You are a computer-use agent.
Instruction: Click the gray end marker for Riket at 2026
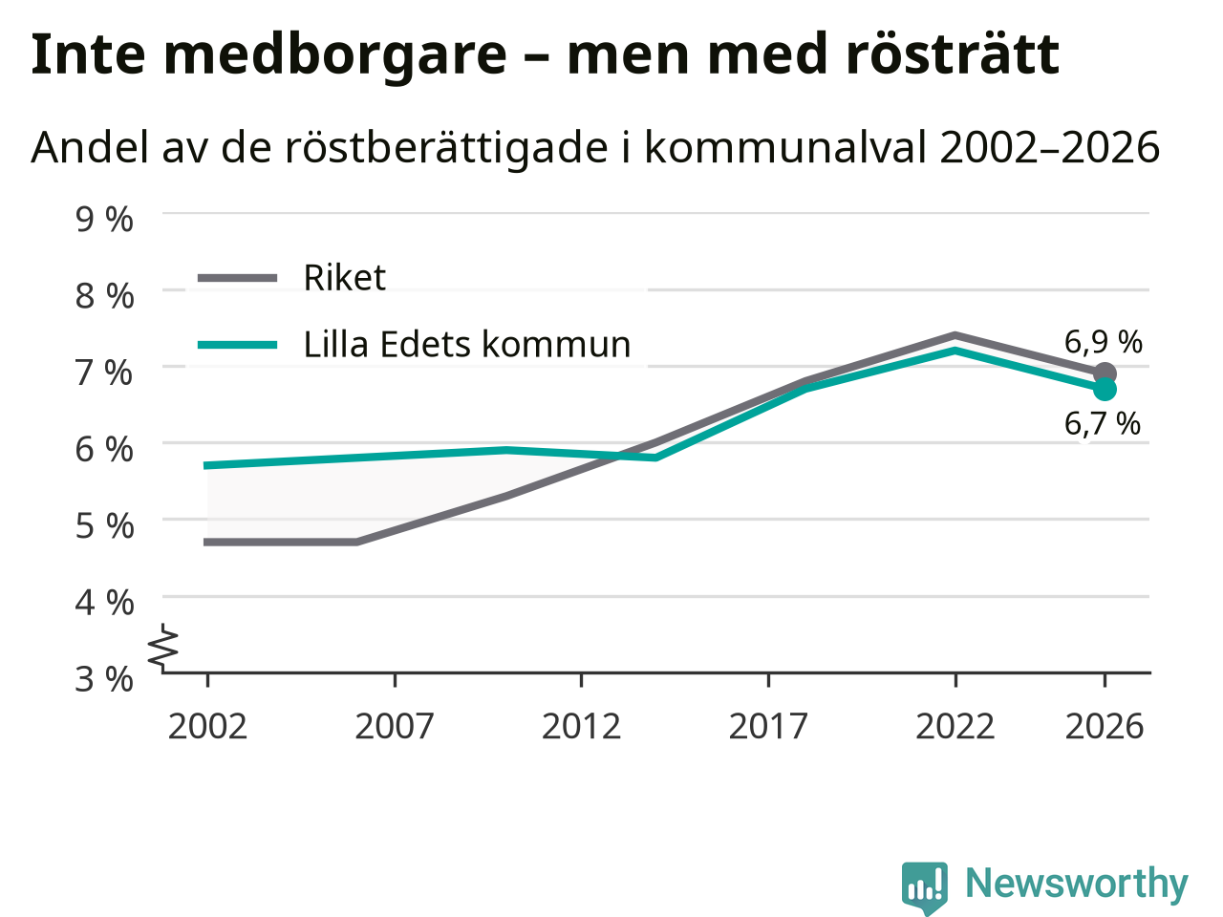pyautogui.click(x=1105, y=373)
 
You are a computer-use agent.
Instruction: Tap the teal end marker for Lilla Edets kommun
pyautogui.click(x=1105, y=390)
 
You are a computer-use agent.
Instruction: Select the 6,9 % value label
pyautogui.click(x=1103, y=342)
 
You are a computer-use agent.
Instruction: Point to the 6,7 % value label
pyautogui.click(x=1102, y=424)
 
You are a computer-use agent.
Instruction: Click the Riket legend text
pyautogui.click(x=344, y=277)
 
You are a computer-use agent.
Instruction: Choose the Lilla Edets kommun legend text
pyautogui.click(x=467, y=345)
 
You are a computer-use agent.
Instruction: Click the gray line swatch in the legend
pyautogui.click(x=237, y=277)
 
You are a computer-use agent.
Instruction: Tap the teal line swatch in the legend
pyautogui.click(x=237, y=345)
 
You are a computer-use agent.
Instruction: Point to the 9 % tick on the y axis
pyautogui.click(x=104, y=220)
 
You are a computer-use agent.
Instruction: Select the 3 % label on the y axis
pyautogui.click(x=104, y=680)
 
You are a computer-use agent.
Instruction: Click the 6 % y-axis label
pyautogui.click(x=104, y=450)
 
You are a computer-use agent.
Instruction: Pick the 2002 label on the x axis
pyautogui.click(x=207, y=727)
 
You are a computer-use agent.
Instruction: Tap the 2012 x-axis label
pyautogui.click(x=581, y=727)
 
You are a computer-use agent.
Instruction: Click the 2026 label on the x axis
pyautogui.click(x=1105, y=727)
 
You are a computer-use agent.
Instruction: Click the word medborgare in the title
pyautogui.click(x=335, y=55)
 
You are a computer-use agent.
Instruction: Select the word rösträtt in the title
pyautogui.click(x=953, y=54)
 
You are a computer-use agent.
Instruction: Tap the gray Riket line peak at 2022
pyautogui.click(x=955, y=335)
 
